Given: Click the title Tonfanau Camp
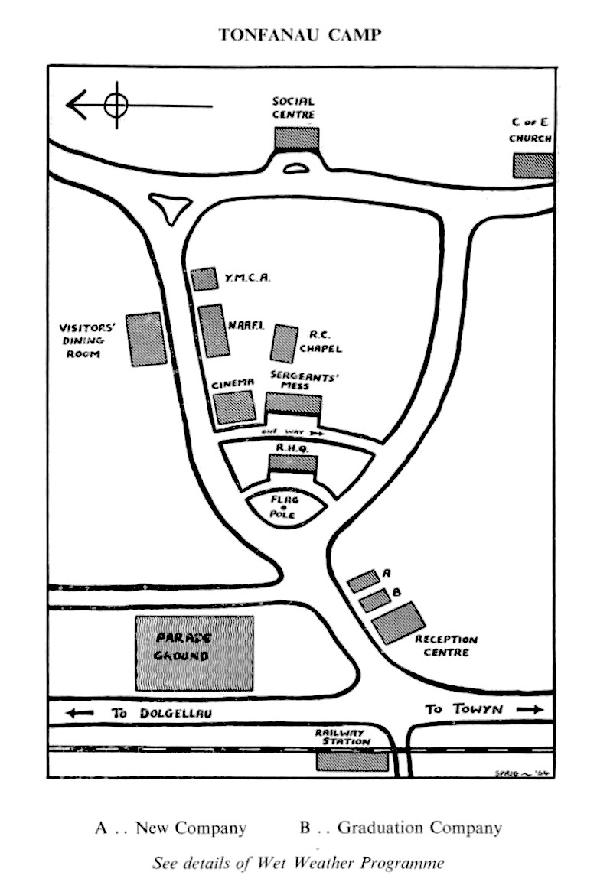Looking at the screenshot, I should coord(298,35).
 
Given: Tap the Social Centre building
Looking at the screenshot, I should coord(296,138).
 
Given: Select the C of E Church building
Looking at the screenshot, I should coord(532,165).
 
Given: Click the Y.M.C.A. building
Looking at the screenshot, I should coord(204,279).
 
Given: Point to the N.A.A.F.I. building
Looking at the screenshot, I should coord(214,330).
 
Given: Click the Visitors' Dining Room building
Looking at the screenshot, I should coord(146,339).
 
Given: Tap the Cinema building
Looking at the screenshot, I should coord(233,406).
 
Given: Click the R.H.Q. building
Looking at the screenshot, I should coord(292,464).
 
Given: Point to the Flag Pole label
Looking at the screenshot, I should coord(284,507).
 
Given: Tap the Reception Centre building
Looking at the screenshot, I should coord(398,622).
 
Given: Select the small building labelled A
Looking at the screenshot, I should coord(363,581).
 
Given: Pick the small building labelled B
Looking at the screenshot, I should coord(374,600).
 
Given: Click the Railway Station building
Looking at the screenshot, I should coord(351,760).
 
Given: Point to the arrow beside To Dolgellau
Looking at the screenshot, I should coord(80,713).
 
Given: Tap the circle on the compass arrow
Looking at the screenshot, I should coord(115,104).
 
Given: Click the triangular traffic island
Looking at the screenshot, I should coord(171,207).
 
